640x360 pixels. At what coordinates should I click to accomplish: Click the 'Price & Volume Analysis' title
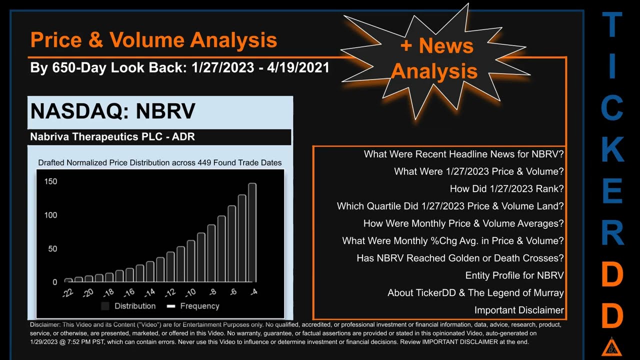[x=153, y=40]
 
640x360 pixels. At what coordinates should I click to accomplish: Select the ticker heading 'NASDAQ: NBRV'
[x=112, y=111]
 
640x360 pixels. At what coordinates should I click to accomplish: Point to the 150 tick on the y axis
[x=51, y=181]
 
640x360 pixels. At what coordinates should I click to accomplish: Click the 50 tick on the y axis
[x=52, y=249]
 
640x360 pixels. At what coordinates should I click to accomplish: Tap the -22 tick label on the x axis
[x=68, y=292]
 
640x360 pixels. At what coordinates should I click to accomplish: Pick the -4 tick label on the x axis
[x=253, y=291]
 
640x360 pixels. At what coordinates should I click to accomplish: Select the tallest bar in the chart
[x=252, y=232]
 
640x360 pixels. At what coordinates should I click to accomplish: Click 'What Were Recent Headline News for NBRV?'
[x=463, y=154]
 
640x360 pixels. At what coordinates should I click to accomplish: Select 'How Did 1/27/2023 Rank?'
[x=506, y=188]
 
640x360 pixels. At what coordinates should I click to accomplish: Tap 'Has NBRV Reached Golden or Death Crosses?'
[x=460, y=258]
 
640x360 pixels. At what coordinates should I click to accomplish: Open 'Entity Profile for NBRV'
[x=514, y=275]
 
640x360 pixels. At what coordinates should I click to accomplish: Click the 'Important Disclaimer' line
[x=519, y=310]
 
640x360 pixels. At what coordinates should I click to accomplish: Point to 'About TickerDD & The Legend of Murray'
[x=475, y=293]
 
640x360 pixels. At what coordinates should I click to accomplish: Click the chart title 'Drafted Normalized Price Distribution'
[x=159, y=162]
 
